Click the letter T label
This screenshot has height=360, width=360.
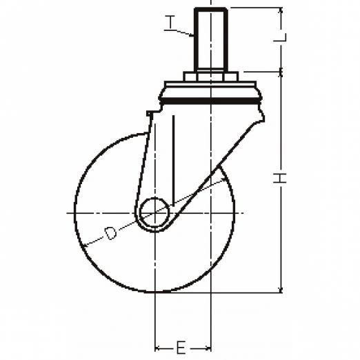pos(170,22)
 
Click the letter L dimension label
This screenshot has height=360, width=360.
pos(280,37)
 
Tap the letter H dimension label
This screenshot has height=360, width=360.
pos(280,178)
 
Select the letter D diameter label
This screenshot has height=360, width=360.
pos(110,233)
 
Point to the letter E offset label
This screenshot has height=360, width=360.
pos(181,348)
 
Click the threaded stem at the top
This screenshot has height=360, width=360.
pos(211,39)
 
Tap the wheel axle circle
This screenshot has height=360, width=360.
pos(154,212)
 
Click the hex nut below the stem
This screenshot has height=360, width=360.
pos(210,77)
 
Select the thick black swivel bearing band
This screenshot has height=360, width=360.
pos(210,101)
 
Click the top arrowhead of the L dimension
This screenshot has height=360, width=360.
pos(281,10)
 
